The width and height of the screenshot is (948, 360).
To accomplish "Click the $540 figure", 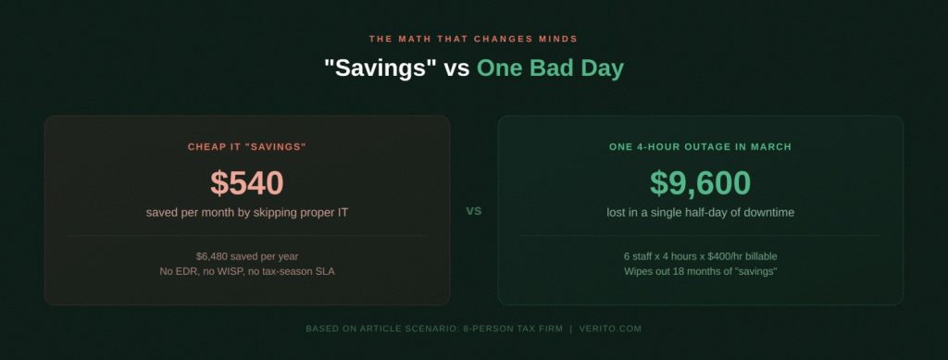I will [246, 183].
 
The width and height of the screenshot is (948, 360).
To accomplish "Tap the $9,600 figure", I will [700, 183].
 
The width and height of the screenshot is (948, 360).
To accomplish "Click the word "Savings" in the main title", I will [380, 68].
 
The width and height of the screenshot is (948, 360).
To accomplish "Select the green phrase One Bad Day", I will [550, 68].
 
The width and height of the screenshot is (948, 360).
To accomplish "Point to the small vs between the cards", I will [474, 211].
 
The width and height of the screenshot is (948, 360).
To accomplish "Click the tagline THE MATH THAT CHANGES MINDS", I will [473, 39].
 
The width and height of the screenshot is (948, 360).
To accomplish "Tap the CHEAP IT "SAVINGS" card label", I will [246, 147].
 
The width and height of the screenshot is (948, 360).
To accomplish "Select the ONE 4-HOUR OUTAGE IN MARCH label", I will [700, 147].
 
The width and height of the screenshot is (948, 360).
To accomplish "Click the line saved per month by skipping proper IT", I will [247, 213].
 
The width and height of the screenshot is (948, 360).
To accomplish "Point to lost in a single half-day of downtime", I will [700, 213].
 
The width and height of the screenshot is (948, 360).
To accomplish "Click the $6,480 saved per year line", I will [247, 255].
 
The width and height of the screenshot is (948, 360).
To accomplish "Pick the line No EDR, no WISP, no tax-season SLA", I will [247, 271].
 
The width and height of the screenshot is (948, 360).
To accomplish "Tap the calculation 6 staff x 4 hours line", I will [700, 255].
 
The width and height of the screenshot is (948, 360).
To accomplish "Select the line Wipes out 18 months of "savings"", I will [700, 271].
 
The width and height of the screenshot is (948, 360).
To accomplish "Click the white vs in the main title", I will [457, 68].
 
